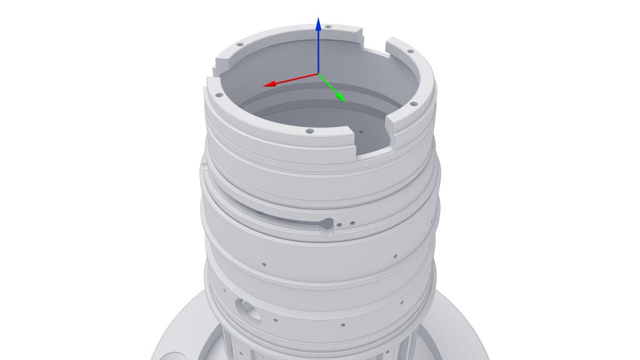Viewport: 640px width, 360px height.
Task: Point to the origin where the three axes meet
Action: point(319,74)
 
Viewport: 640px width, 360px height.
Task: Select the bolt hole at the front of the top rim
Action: point(309,131)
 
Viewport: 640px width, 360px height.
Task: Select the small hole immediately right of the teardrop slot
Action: point(339,224)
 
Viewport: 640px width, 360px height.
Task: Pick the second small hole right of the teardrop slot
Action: point(352,222)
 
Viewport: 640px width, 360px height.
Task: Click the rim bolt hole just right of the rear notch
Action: point(411,51)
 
